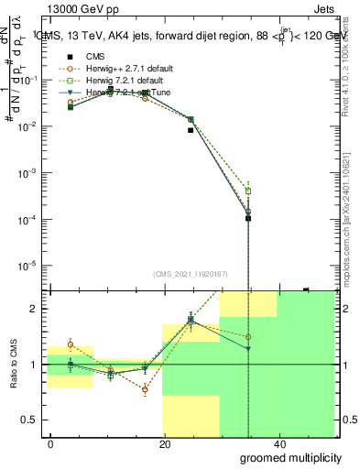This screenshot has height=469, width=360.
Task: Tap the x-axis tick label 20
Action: [165, 444]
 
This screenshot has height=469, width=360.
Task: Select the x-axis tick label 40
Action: [278, 444]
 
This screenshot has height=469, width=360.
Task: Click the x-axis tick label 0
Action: [51, 444]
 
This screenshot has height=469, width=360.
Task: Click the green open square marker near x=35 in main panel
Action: [248, 191]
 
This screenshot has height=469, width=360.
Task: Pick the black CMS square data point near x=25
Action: [191, 130]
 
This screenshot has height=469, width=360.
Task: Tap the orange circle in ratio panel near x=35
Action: [248, 337]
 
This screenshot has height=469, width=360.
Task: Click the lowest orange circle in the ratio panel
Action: [145, 389]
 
